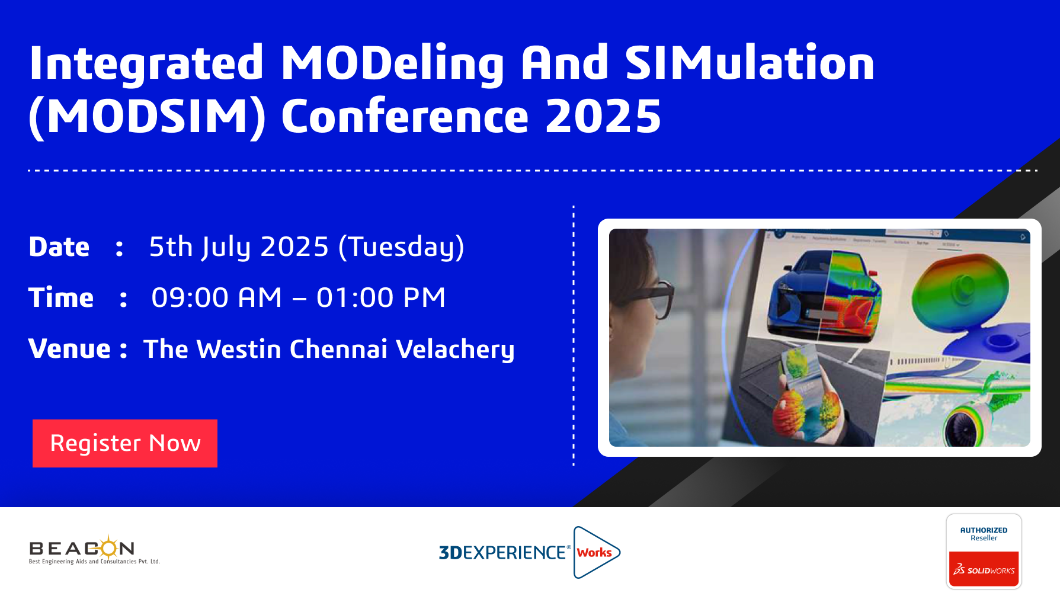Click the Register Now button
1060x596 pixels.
point(125,443)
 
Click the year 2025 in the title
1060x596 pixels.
point(603,116)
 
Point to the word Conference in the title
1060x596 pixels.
point(405,116)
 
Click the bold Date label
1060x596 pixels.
point(59,246)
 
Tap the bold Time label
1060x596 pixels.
point(61,297)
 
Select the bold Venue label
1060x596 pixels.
point(70,348)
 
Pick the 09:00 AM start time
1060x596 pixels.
point(217,297)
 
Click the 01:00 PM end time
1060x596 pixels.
point(381,297)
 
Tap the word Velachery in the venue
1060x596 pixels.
point(455,350)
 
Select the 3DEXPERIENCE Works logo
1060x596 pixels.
point(529,552)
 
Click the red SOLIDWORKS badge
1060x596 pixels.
point(984,569)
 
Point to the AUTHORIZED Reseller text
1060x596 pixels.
point(984,534)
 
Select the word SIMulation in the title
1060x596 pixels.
point(750,63)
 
